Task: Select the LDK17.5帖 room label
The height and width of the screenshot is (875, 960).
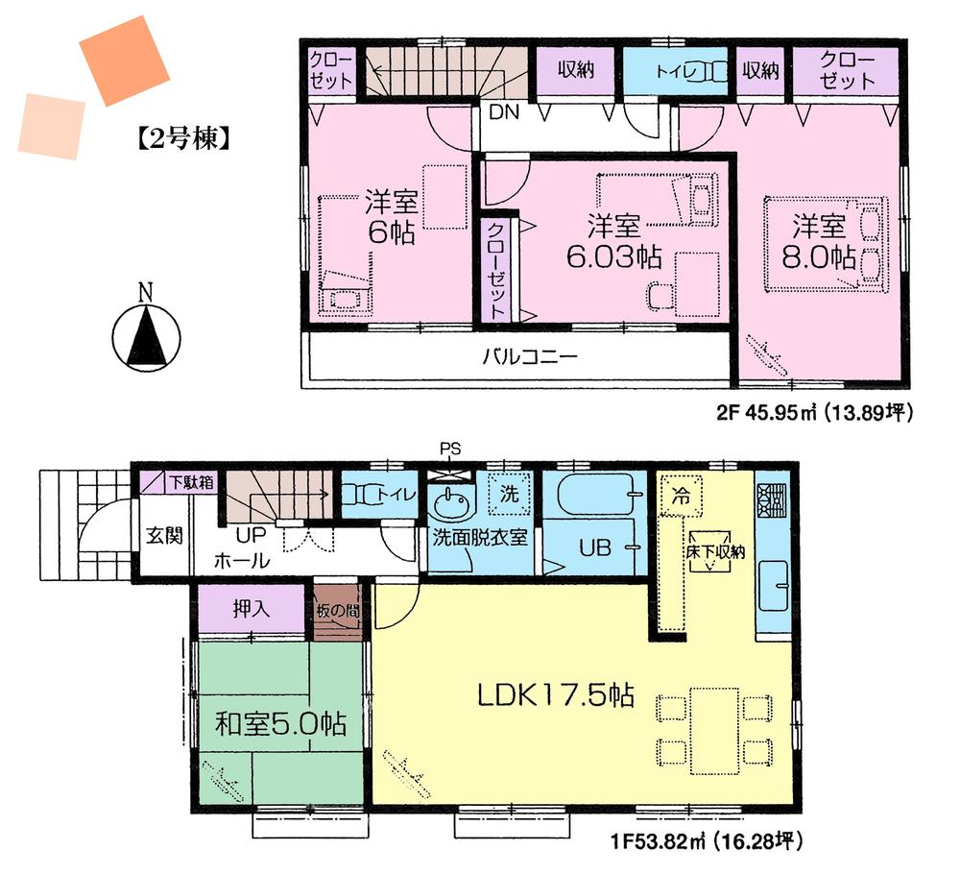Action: (556, 695)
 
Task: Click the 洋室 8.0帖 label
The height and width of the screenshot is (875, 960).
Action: (818, 243)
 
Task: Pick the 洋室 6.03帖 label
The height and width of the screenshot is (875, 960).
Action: (613, 242)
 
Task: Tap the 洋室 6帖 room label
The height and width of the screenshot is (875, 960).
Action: (390, 218)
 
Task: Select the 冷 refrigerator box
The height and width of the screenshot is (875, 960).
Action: (680, 498)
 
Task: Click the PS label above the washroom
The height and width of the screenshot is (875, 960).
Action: (450, 447)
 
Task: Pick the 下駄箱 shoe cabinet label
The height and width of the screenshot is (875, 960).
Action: (187, 480)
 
